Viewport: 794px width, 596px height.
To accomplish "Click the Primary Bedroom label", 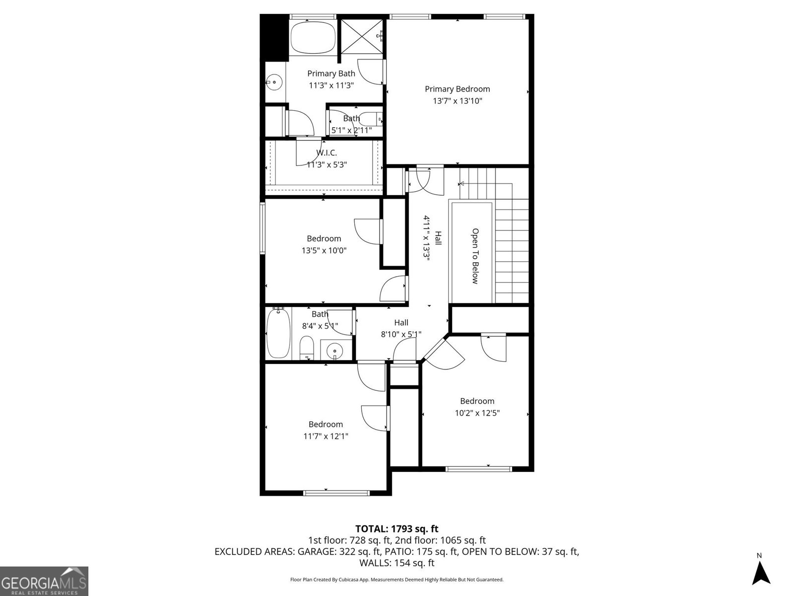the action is (457, 89).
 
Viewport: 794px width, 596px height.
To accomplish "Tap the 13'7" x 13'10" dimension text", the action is (457, 101).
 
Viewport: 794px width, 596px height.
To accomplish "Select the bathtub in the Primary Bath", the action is (313, 37).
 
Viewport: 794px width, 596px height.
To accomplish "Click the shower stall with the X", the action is (362, 34).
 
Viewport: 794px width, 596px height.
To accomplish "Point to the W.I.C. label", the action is (326, 153).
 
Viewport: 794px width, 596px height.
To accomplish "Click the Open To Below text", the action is (475, 256).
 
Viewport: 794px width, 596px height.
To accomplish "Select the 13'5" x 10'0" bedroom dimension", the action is (324, 250).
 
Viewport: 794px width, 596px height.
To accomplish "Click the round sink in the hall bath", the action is (335, 350).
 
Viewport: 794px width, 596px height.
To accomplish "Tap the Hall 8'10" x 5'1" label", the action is (401, 328).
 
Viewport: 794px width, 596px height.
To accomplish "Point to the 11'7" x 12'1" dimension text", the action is (326, 436).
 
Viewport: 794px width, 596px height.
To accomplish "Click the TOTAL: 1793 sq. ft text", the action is (397, 529).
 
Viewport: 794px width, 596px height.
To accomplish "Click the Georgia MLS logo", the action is (44, 581).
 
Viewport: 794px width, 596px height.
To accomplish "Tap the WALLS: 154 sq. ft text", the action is (397, 563).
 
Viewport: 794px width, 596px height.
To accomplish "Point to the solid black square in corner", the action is (273, 37).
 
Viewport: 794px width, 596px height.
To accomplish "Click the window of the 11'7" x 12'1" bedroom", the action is (336, 493).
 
